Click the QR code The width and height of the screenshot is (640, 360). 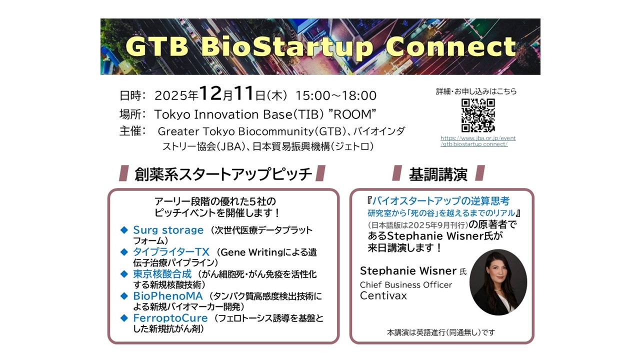pyautogui.click(x=478, y=115)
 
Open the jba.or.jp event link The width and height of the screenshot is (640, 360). pyautogui.click(x=478, y=141)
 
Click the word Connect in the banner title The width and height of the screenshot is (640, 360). pyautogui.click(x=450, y=47)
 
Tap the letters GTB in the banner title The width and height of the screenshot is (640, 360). pyautogui.click(x=157, y=46)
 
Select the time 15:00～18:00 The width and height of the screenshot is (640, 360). pyautogui.click(x=335, y=95)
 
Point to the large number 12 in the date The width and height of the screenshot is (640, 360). pyautogui.click(x=210, y=93)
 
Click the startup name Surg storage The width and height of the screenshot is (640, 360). pyautogui.click(x=168, y=230)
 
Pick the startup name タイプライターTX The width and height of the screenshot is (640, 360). pyautogui.click(x=171, y=252)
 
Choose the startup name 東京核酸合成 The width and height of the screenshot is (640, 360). pyautogui.click(x=162, y=274)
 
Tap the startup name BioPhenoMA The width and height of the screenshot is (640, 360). pyautogui.click(x=168, y=296)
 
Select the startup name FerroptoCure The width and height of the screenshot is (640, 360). pyautogui.click(x=170, y=318)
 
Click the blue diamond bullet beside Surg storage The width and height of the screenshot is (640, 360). pyautogui.click(x=124, y=230)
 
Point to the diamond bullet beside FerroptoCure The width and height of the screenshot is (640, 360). pyautogui.click(x=124, y=318)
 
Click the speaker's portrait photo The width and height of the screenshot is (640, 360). pyautogui.click(x=498, y=282)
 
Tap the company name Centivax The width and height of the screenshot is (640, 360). pyautogui.click(x=383, y=295)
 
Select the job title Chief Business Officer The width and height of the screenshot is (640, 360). pyautogui.click(x=406, y=285)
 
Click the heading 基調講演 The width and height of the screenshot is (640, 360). pyautogui.click(x=438, y=174)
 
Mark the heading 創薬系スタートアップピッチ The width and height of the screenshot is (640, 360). pyautogui.click(x=223, y=174)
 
